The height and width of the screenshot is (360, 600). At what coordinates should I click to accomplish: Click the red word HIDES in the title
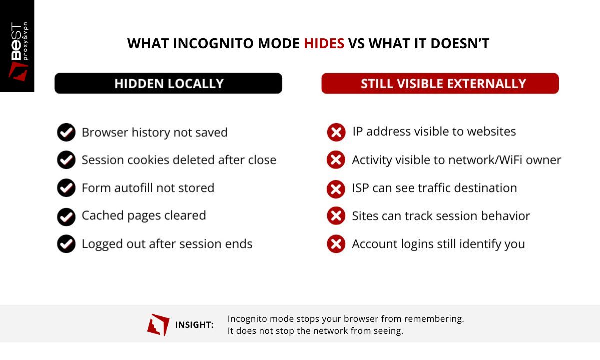324,44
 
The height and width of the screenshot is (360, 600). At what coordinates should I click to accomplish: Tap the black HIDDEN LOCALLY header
168,84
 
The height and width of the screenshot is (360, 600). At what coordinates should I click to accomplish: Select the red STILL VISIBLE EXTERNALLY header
440,84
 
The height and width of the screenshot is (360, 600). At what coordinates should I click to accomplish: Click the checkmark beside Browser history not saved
66,132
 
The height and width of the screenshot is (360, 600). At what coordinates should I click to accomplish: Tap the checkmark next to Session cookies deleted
66,160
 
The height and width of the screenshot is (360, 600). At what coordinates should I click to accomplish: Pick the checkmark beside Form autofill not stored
66,188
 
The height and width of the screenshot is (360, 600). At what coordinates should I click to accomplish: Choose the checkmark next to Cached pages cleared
66,216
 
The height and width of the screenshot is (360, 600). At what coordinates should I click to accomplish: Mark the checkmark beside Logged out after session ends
66,244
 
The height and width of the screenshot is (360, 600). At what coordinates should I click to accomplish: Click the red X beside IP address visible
336,132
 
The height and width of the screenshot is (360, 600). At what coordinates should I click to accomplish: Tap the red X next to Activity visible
336,160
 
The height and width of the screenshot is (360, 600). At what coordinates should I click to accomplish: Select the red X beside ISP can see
336,189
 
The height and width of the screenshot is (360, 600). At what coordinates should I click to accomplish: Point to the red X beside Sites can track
336,216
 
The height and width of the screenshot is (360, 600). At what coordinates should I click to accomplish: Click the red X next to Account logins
336,244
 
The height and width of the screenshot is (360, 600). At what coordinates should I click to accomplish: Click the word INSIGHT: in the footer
194,325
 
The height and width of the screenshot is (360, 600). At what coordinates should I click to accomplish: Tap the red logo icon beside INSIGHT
158,325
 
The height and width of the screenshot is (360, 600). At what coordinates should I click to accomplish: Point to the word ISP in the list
360,188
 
